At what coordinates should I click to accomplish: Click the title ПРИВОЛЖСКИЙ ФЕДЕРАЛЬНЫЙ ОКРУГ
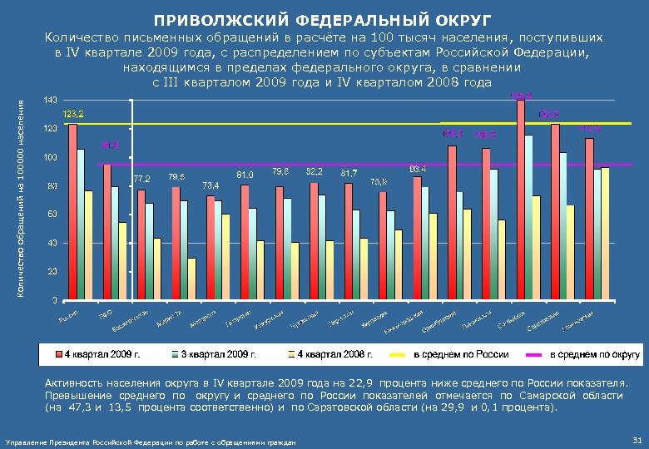323,18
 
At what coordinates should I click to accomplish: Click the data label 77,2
141,179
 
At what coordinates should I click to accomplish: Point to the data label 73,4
211,185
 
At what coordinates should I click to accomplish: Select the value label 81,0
245,175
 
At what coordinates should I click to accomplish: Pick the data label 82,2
315,170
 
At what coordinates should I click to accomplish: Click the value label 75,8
379,180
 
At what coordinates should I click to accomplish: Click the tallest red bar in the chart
521,199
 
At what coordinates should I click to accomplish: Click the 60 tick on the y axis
52,215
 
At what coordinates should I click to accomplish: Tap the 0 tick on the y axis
55,300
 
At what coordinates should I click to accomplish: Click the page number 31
636,440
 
